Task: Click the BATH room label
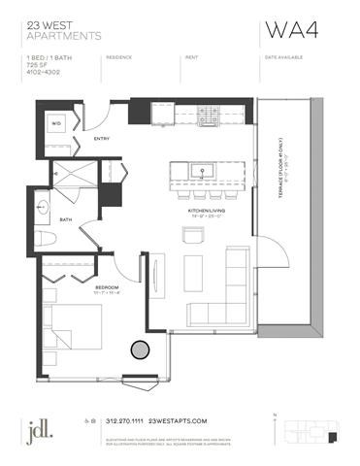tap(65, 219)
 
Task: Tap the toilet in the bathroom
tap(47, 240)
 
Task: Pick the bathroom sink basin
tap(45, 206)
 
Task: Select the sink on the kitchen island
tap(206, 171)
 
